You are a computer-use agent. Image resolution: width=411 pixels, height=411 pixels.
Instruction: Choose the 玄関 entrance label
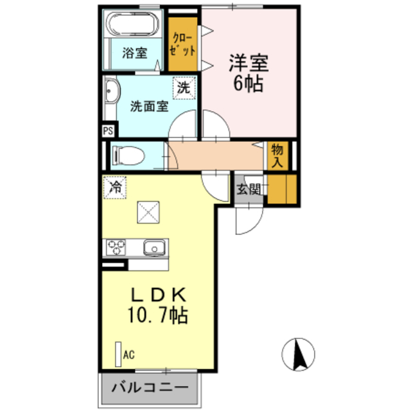249,189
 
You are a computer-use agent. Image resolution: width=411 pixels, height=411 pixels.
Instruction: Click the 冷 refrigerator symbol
115,188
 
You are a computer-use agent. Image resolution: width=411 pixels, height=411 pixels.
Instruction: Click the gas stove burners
117,247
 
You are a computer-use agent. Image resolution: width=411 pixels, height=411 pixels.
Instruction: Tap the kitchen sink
155,247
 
